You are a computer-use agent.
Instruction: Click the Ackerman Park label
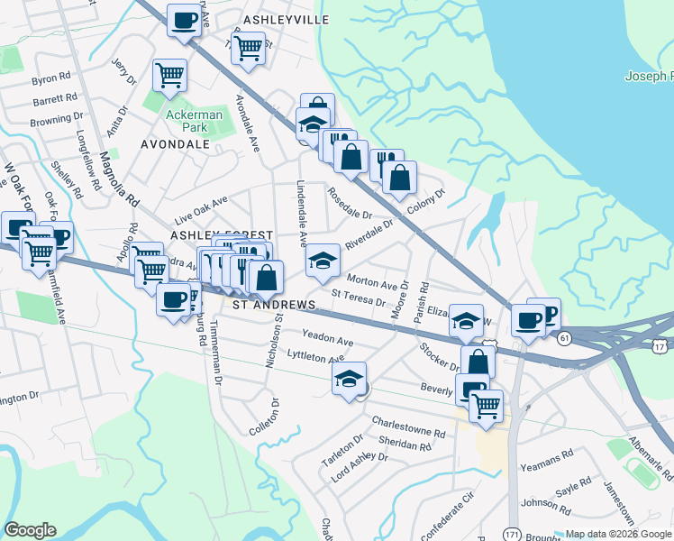tap(187, 121)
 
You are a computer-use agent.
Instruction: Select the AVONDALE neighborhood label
tap(175, 143)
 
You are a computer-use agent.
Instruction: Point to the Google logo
tap(30, 529)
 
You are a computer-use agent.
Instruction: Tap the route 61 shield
tap(564, 337)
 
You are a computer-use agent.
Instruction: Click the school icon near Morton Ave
tap(323, 261)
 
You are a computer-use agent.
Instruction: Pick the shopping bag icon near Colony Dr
tap(399, 178)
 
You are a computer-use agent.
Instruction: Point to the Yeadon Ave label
tap(327, 342)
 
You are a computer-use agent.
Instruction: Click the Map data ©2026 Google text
tap(617, 534)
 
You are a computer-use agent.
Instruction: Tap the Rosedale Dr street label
tap(351, 206)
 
